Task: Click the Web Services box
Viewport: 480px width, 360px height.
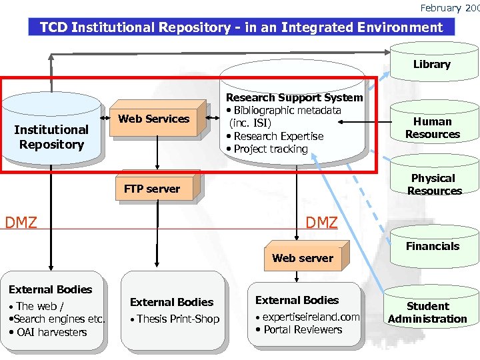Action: tap(154, 119)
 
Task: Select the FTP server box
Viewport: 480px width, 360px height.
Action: tap(152, 189)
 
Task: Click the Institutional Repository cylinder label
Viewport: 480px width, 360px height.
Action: tap(51, 137)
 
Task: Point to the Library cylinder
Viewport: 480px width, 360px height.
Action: tap(431, 65)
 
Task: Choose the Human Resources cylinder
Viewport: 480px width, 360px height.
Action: tap(432, 128)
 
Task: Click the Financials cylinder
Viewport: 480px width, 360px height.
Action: tap(433, 247)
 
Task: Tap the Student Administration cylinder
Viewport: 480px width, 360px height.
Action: tap(427, 313)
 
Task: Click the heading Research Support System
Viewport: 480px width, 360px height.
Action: tap(294, 98)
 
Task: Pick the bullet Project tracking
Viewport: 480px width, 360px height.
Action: tap(271, 149)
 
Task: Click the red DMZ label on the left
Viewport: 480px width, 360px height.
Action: tap(21, 222)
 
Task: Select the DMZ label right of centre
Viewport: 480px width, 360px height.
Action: tap(321, 222)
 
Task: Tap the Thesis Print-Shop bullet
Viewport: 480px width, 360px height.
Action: tap(177, 319)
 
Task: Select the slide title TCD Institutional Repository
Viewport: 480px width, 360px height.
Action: tap(241, 27)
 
